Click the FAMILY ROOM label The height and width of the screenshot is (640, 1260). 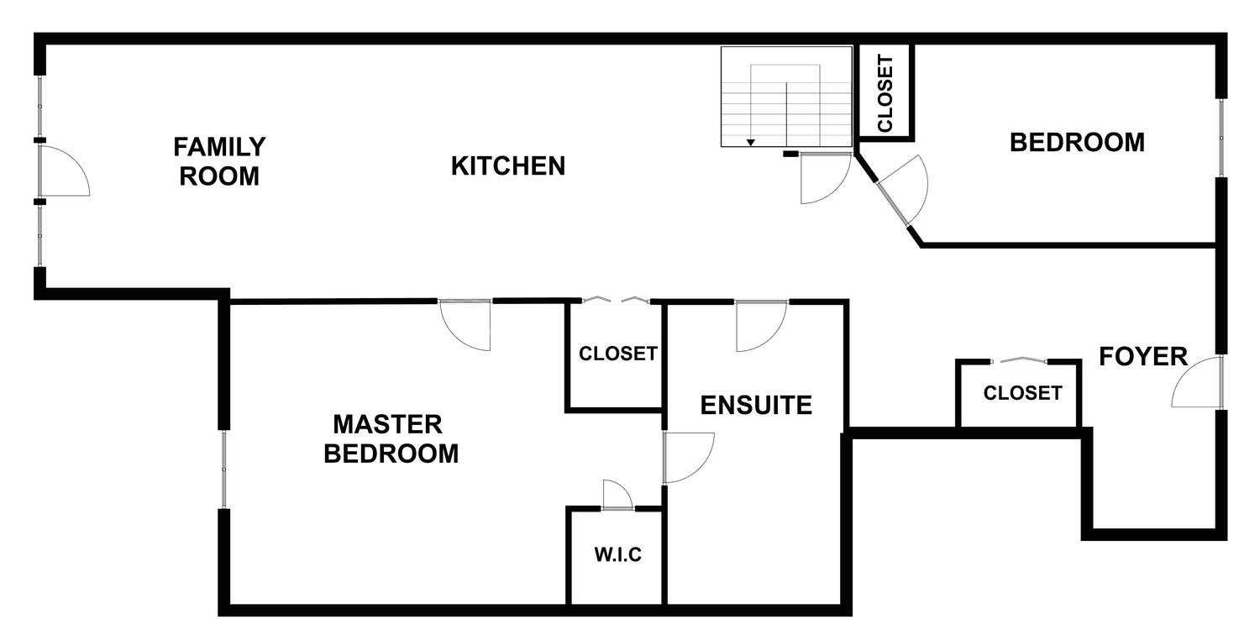[218, 161]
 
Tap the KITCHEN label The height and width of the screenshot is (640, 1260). [508, 166]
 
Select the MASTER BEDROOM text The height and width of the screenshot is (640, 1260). [391, 438]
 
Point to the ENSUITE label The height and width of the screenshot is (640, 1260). [756, 405]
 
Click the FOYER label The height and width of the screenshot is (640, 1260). [1143, 357]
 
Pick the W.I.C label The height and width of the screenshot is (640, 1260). [617, 555]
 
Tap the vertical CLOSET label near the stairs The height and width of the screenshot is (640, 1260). [885, 93]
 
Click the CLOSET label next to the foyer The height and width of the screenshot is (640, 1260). [1022, 393]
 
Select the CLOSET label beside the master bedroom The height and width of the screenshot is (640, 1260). [618, 354]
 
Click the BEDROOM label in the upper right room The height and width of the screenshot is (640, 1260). [1077, 142]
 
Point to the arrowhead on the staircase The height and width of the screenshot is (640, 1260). [750, 143]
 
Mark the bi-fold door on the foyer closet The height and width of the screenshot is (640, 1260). [1019, 360]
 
